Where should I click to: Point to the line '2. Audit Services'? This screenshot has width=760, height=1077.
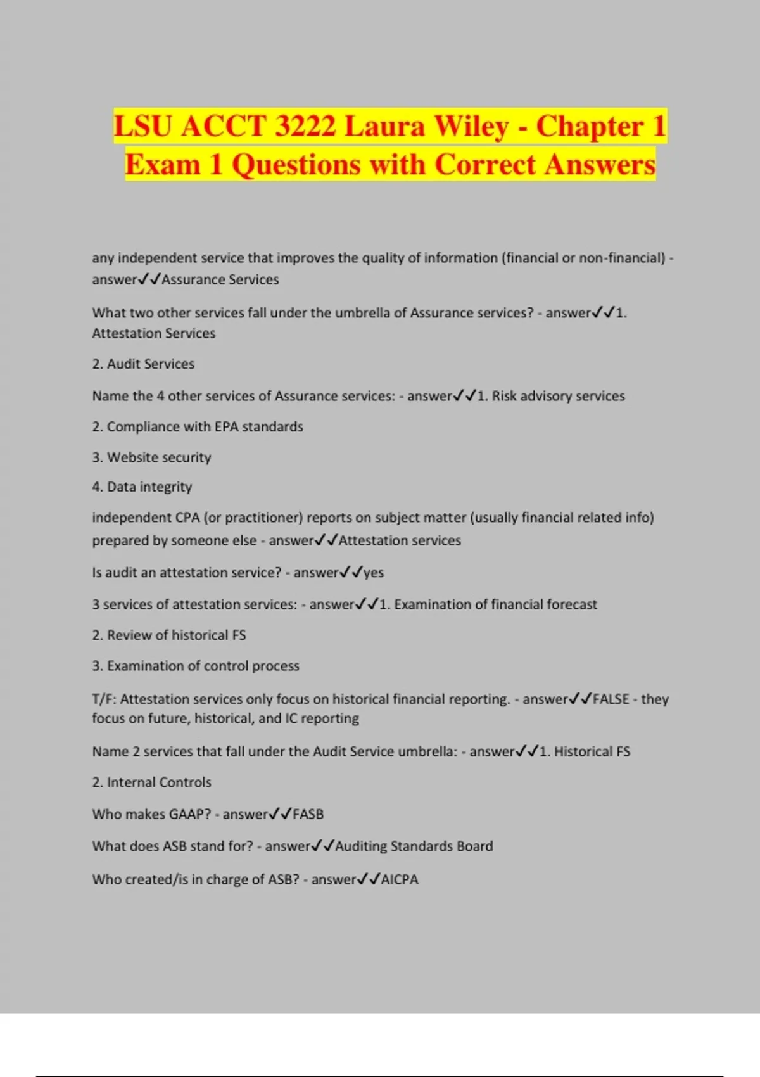click(x=143, y=364)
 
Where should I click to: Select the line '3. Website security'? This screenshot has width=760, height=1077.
click(x=151, y=457)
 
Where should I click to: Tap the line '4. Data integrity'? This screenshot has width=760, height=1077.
click(x=142, y=487)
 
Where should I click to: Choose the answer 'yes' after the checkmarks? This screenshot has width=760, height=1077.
click(x=374, y=573)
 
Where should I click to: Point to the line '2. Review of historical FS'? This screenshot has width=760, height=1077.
click(x=169, y=635)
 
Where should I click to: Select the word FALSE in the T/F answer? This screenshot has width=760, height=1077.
click(x=611, y=699)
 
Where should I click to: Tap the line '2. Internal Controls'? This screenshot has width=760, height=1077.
click(x=152, y=782)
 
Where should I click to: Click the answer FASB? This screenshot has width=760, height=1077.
click(x=308, y=815)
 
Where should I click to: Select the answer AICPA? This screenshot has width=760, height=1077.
click(x=400, y=879)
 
